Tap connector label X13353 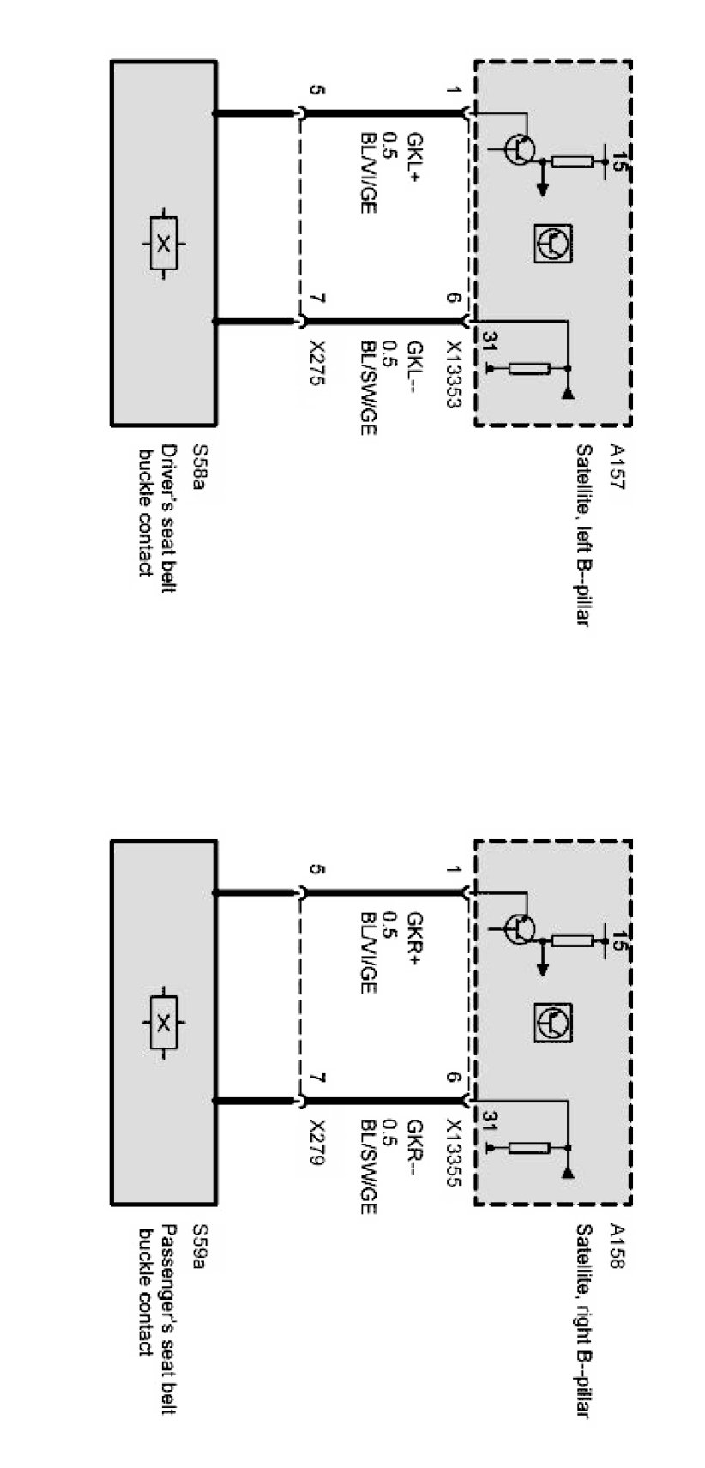453,374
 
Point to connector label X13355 453,1154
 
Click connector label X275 318,363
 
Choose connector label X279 318,1143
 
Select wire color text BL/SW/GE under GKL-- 368,386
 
